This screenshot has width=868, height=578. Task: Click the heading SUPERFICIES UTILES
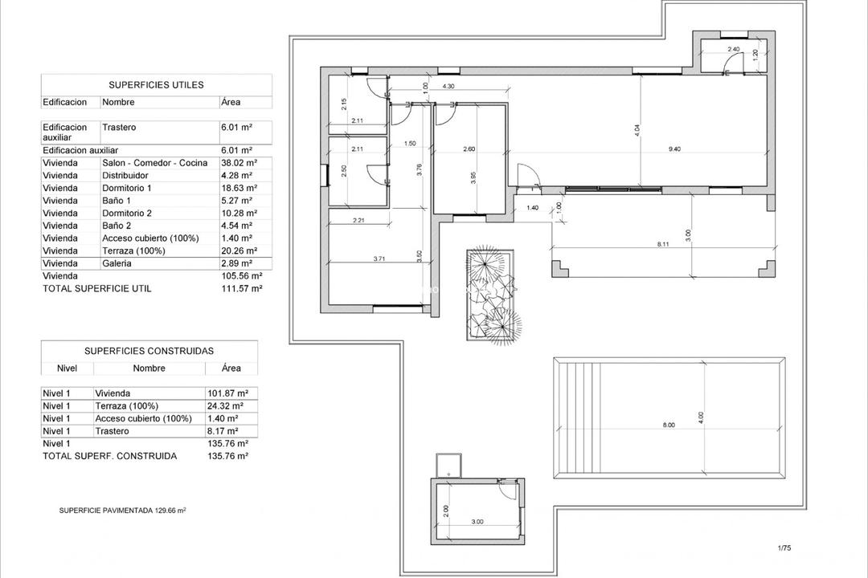point(156,84)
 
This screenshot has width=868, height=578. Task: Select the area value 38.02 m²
point(238,163)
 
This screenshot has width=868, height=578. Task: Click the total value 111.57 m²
point(241,288)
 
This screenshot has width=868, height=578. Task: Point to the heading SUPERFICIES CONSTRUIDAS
point(149,351)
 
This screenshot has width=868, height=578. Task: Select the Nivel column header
point(67,368)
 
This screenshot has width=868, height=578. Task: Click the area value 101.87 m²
point(227,393)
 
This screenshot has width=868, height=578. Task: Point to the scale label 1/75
point(784,548)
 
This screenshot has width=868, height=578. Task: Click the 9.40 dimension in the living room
point(674,149)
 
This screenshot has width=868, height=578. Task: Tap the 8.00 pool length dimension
point(668,425)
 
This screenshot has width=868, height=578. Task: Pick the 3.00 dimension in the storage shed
point(477,522)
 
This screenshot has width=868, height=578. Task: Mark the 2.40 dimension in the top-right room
point(732,50)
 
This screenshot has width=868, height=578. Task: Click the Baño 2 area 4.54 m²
point(237,226)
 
